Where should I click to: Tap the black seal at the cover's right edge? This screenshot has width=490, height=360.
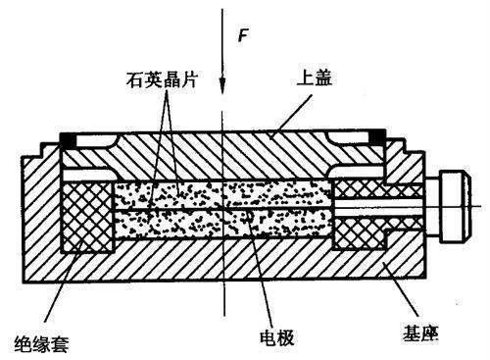pyautogui.click(x=376, y=138)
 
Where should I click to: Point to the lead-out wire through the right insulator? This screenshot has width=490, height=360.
pyautogui.click(x=392, y=209)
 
